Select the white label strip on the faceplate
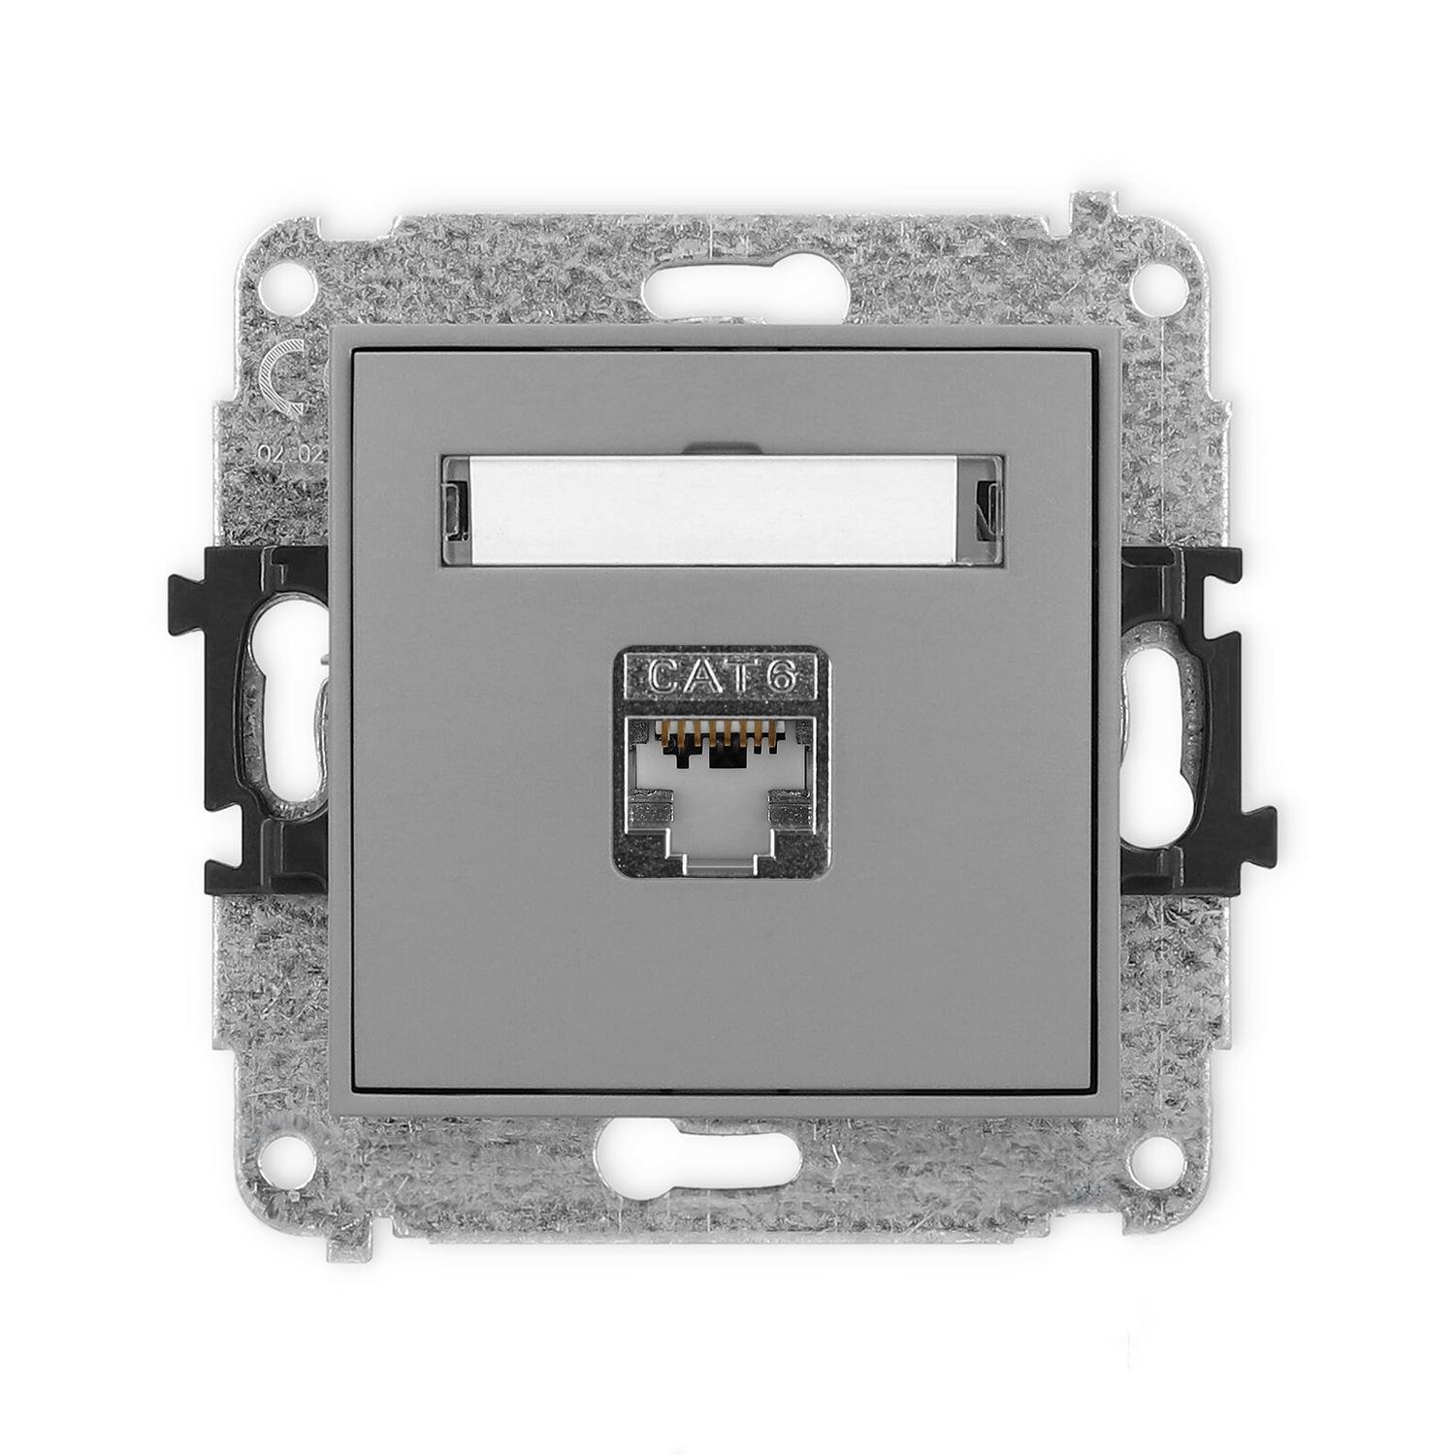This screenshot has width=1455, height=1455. pos(722,510)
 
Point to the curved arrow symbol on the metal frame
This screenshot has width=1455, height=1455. pos(281,378)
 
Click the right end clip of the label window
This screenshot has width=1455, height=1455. pos(987,510)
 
